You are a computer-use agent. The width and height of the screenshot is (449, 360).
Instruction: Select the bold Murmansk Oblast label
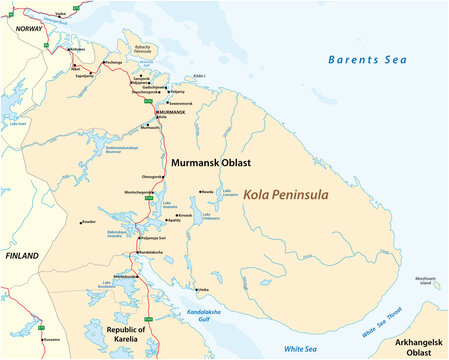coord(210,161)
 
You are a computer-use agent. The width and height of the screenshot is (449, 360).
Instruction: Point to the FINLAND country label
coord(22,256)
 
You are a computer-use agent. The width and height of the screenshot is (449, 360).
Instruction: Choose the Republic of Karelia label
coord(126,334)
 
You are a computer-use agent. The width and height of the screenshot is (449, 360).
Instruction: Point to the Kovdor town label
coord(88,221)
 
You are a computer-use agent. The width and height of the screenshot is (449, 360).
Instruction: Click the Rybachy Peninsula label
coord(142,49)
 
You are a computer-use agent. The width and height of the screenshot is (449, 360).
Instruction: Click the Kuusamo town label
coord(51,340)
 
